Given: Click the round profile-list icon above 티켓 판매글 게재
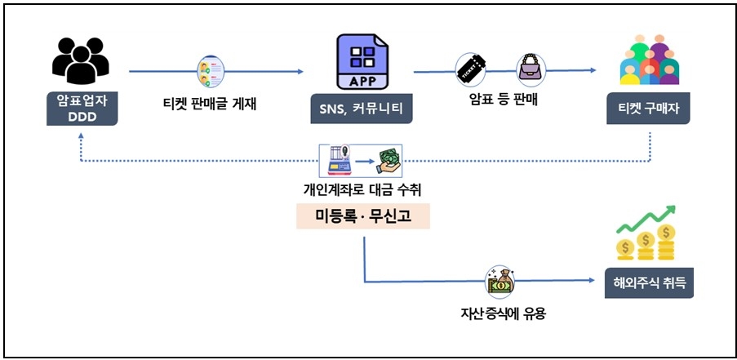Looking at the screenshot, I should [209, 72].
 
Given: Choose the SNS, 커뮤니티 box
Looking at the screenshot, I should [361, 109].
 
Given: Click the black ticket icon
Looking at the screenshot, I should [472, 70].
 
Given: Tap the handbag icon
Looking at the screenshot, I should [531, 70].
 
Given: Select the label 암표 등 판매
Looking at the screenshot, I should [502, 104].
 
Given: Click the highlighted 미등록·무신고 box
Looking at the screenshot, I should [362, 216].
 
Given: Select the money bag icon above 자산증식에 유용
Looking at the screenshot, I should [499, 282].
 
